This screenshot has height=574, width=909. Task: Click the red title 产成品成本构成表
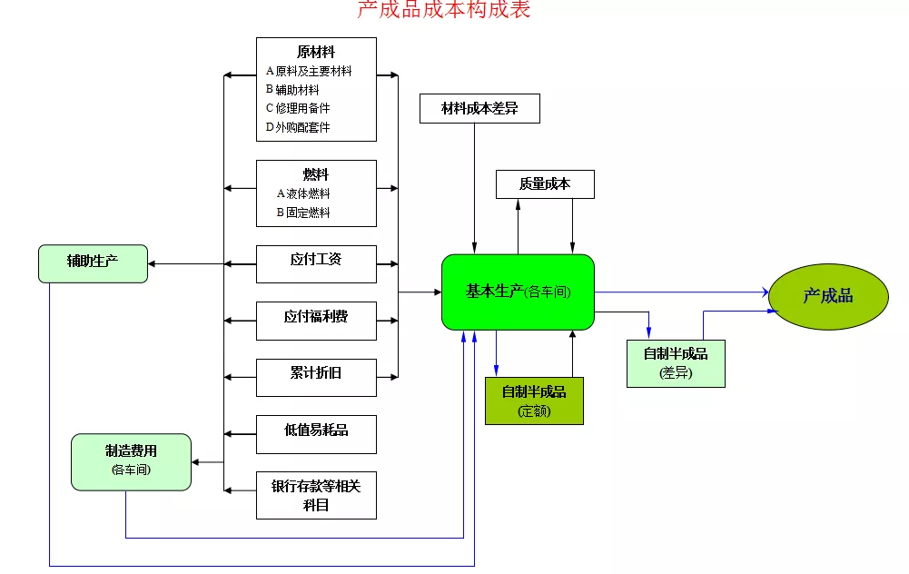(x=443, y=10)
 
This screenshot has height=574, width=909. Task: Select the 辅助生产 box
(x=93, y=262)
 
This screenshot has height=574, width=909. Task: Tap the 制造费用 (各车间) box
(x=131, y=461)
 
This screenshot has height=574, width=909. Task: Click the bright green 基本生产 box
(x=518, y=292)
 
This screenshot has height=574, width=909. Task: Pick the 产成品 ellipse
(x=827, y=296)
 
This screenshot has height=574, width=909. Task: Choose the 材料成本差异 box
(x=479, y=109)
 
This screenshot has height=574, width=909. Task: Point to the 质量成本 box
(x=545, y=184)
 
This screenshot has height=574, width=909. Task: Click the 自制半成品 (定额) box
(x=534, y=401)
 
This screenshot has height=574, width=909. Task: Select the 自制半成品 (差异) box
(x=676, y=362)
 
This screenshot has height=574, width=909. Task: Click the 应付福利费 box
(x=316, y=320)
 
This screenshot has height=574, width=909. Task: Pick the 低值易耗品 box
(x=316, y=433)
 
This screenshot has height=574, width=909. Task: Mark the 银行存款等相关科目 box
(x=316, y=495)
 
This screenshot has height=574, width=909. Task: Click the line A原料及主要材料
(x=309, y=71)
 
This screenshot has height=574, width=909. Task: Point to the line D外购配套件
(x=298, y=127)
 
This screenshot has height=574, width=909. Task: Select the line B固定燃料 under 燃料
(x=303, y=213)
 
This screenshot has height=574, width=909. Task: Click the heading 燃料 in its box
(x=316, y=174)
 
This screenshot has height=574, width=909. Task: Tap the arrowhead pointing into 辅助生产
(x=153, y=264)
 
